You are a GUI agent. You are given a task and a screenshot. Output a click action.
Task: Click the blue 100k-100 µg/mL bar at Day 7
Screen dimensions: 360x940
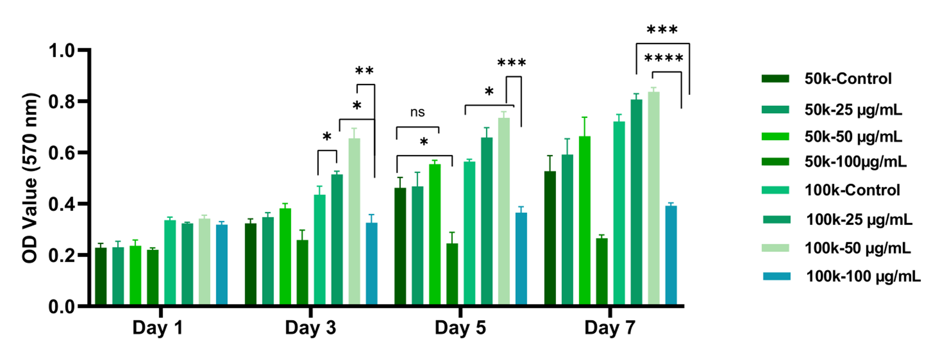tap(671, 255)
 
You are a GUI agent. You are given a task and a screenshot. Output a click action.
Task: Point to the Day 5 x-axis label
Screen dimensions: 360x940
tap(460, 328)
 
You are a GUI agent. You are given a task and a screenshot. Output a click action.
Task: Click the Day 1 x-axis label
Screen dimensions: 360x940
tap(158, 328)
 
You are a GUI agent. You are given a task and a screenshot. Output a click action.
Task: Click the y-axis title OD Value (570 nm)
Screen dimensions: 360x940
tap(31, 178)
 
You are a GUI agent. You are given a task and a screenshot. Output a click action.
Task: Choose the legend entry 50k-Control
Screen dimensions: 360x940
tap(847, 79)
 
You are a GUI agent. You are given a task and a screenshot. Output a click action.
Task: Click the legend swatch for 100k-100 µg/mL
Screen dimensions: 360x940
tap(776, 276)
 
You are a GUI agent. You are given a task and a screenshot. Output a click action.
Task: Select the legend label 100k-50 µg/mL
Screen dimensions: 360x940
tap(857, 248)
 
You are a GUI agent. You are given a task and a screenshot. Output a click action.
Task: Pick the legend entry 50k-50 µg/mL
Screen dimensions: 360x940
tap(853, 136)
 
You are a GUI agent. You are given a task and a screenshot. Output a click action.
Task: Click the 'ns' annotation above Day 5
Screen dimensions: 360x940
tap(418, 113)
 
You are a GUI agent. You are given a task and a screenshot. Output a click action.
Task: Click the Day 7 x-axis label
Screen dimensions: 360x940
tap(610, 328)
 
